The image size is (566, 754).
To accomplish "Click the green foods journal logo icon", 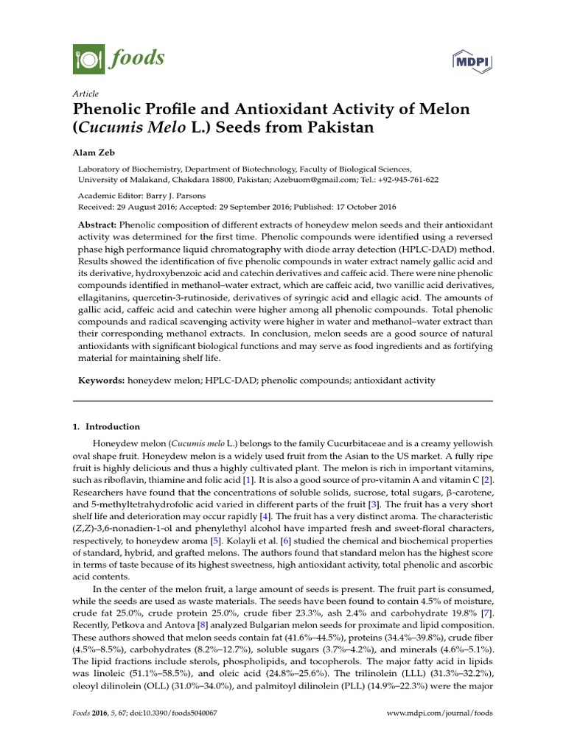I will click(85, 56).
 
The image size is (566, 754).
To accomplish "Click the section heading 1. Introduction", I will click(109, 426).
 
